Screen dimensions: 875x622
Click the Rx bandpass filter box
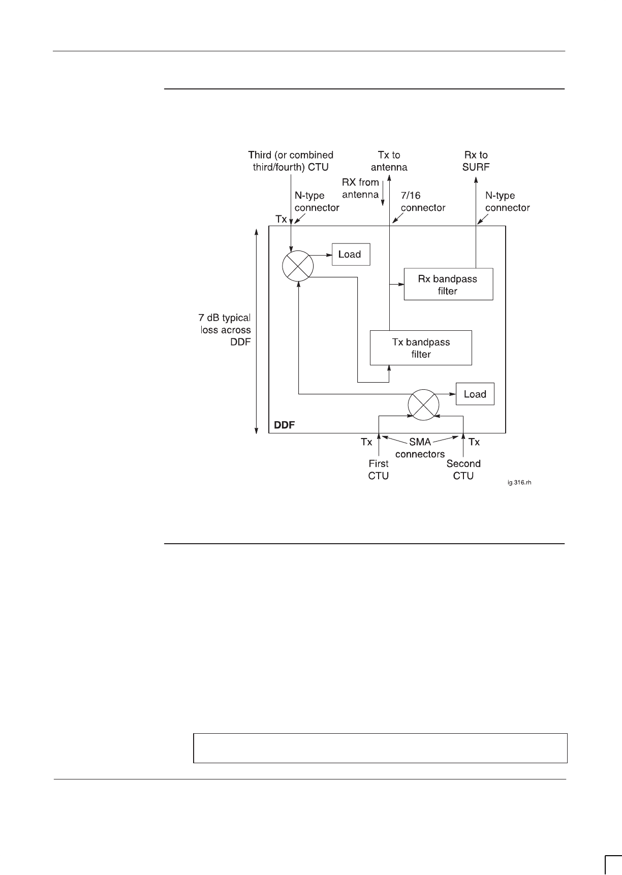[x=448, y=284]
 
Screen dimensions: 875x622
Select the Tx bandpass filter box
[x=421, y=348]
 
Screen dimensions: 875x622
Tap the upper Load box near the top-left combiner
[x=351, y=255]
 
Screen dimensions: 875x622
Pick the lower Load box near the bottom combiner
[x=475, y=394]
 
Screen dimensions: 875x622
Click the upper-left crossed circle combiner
[x=298, y=265]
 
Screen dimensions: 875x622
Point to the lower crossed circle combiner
[x=424, y=404]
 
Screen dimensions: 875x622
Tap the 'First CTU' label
[x=378, y=470]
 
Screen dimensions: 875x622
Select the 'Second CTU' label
[x=463, y=470]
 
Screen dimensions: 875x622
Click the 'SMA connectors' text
[x=420, y=448]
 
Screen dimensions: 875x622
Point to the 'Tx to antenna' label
[x=389, y=161]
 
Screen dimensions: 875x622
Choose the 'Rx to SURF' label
[x=476, y=161]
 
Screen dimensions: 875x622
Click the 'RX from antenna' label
[x=361, y=188]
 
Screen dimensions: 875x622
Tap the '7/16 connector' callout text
[x=423, y=202]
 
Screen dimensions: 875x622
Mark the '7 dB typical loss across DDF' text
[x=225, y=330]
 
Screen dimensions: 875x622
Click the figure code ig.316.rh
[x=519, y=483]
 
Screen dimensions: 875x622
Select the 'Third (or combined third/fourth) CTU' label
[x=291, y=161]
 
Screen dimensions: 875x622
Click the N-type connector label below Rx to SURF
[x=507, y=202]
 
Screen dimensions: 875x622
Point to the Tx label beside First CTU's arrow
[x=366, y=442]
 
